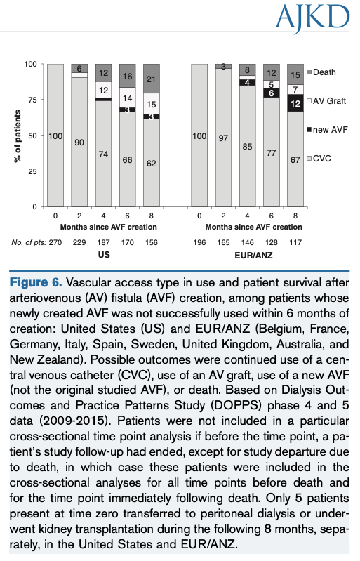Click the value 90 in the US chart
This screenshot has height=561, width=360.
(79, 143)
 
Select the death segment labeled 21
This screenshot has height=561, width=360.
(152, 79)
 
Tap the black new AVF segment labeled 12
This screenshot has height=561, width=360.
(296, 103)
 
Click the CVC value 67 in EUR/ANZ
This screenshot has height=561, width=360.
(296, 159)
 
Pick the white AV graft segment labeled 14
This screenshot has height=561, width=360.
(128, 99)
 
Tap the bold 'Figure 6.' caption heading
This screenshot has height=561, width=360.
(34, 283)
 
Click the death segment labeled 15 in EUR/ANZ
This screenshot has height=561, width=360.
(296, 75)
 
